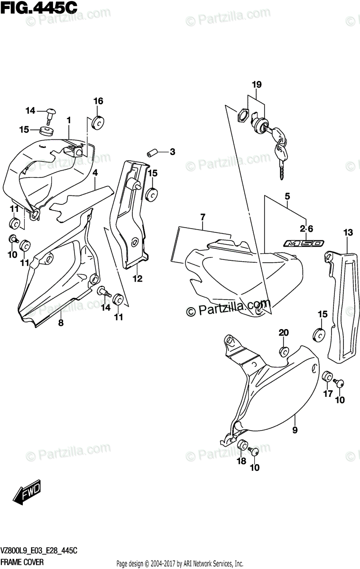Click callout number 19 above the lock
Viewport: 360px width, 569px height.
click(257, 85)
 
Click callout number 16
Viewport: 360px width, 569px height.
click(98, 101)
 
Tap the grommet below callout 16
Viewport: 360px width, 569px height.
click(99, 122)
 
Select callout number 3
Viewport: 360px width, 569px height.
click(172, 152)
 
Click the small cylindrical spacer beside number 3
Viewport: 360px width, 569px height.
click(152, 153)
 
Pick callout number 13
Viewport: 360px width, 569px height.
click(348, 232)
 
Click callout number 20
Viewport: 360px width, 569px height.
click(283, 332)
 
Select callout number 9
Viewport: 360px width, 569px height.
click(295, 430)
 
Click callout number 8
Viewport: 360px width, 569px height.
click(61, 323)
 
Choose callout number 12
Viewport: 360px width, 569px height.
click(138, 279)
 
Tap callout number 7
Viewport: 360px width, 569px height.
click(203, 217)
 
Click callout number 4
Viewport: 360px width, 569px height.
click(95, 173)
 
